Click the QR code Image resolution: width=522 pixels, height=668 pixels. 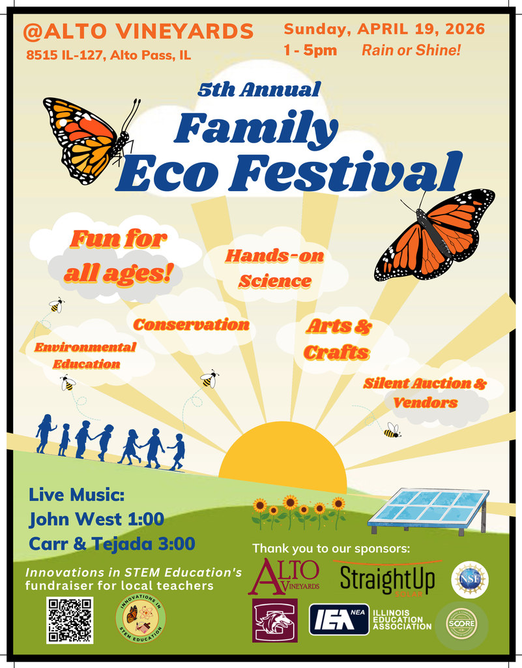coord(70,620)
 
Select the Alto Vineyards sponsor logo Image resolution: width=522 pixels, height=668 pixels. coord(283,576)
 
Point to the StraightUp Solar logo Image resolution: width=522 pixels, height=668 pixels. coord(387,578)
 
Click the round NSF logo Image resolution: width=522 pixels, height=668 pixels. coord(469,579)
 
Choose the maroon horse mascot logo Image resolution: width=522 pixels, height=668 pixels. coord(274,620)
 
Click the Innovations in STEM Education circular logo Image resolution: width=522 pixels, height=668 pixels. coord(140,619)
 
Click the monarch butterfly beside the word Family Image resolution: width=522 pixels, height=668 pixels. coord(89,138)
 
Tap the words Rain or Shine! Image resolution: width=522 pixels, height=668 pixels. coord(411,50)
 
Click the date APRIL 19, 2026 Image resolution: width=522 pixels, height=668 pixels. coord(421,29)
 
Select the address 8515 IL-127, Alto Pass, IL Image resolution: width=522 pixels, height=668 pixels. coord(109,55)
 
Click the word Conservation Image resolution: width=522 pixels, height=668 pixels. coord(191,324)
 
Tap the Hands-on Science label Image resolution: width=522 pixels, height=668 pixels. coord(274,268)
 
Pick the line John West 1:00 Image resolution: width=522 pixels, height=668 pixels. coord(96,519)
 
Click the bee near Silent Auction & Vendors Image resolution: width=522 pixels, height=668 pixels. coord(392,431)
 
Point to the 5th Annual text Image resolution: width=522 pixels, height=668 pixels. coord(259,89)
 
